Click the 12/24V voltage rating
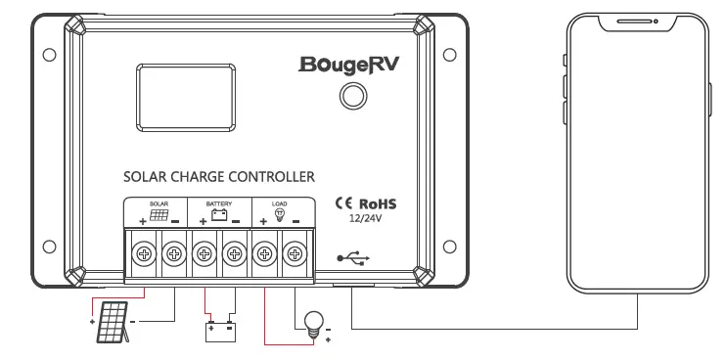click(x=365, y=220)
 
